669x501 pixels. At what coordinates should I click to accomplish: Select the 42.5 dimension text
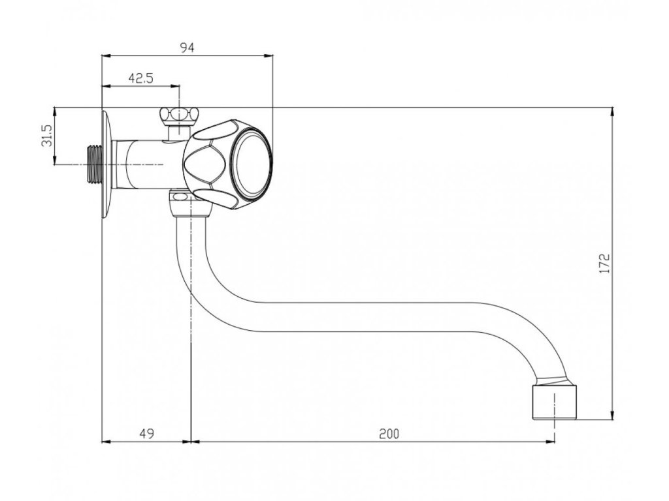pyautogui.click(x=140, y=78)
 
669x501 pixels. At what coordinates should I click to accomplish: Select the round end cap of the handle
pyautogui.click(x=253, y=161)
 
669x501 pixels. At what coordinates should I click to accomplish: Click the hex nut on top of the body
pyautogui.click(x=178, y=117)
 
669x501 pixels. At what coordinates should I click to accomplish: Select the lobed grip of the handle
pyautogui.click(x=207, y=161)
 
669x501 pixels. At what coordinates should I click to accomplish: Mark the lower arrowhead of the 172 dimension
pyautogui.click(x=612, y=416)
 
